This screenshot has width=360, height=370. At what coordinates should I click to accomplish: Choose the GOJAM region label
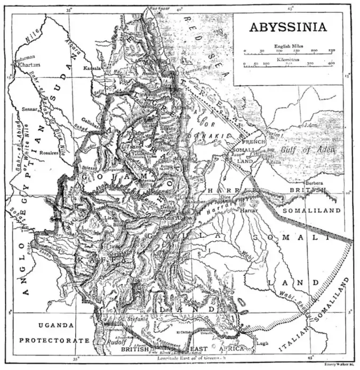click(x=126, y=175)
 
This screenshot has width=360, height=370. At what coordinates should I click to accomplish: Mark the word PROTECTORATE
click(x=54, y=340)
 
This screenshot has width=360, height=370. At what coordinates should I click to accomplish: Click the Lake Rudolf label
click(x=109, y=343)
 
